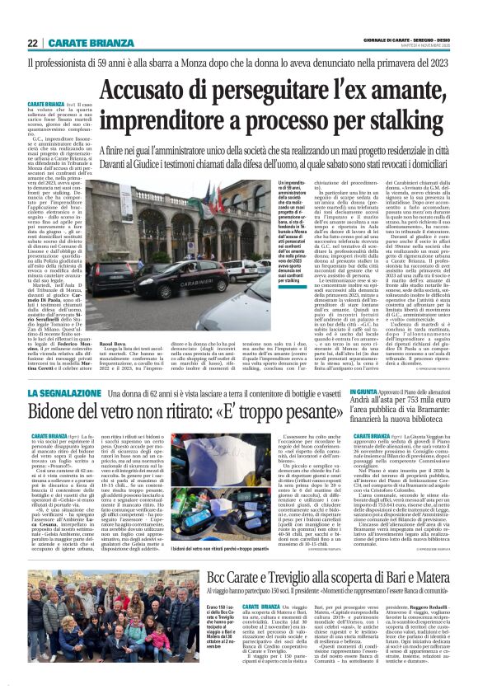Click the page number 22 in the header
click(x=33, y=43)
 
